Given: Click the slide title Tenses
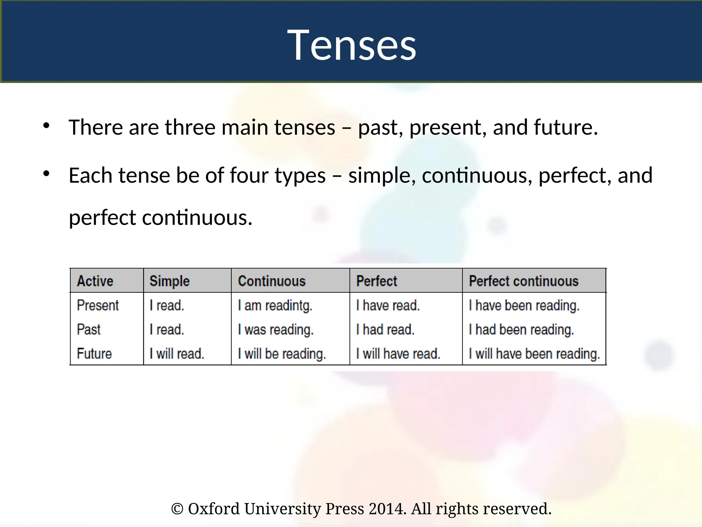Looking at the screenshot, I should click(351, 45).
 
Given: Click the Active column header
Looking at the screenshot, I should click(95, 281).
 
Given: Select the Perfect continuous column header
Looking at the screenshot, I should click(523, 281).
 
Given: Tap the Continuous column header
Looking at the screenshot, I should click(272, 281).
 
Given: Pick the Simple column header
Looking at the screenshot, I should click(169, 281).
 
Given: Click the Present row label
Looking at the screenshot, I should click(98, 305).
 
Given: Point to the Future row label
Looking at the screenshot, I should click(94, 354).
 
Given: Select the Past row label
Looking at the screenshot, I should click(88, 330).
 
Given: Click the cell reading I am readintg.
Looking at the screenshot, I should click(275, 305).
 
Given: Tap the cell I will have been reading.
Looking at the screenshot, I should click(534, 354).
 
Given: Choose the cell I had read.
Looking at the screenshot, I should click(385, 330).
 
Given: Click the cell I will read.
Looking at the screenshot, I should click(177, 354).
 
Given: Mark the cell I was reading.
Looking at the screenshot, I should click(276, 330).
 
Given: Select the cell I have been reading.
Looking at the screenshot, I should click(524, 305).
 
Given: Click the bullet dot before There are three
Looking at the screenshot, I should click(46, 126).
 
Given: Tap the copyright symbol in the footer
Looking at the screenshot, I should click(177, 509).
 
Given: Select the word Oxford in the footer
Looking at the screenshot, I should click(214, 509).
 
